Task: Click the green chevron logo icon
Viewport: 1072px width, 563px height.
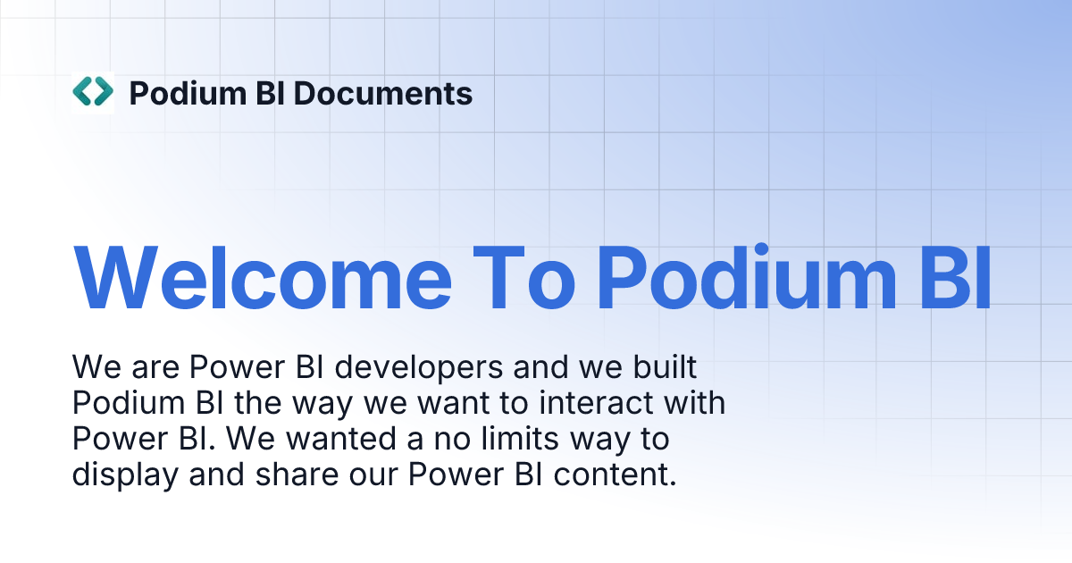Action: click(93, 92)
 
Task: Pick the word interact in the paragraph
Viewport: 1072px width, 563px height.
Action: click(602, 403)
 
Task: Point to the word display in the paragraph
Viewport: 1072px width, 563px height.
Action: click(124, 475)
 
